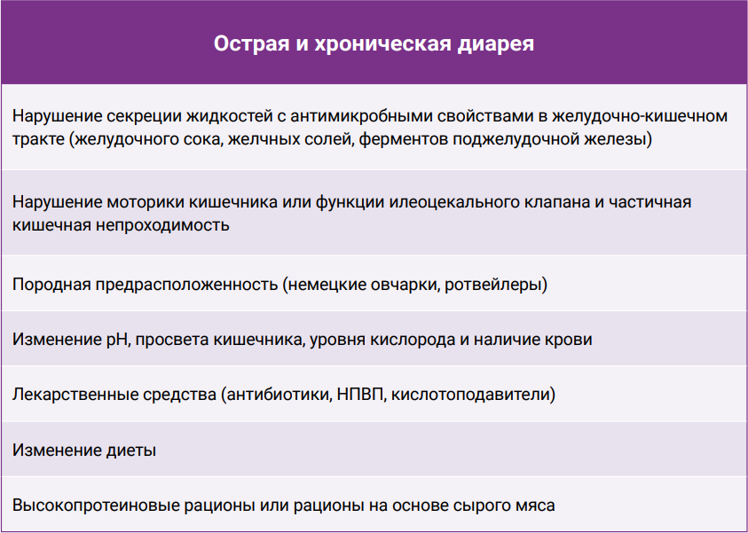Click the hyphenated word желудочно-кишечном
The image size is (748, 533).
pos(640,117)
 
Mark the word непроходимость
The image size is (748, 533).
pos(162,225)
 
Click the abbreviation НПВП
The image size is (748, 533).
pos(360,395)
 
